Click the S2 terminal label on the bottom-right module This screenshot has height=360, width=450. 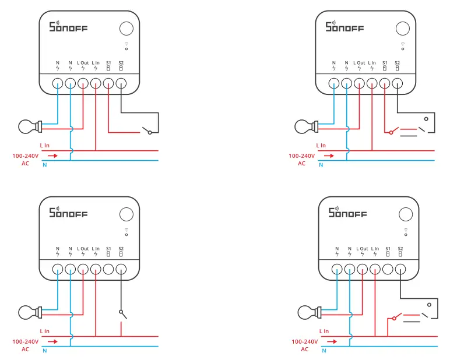(x=400, y=249)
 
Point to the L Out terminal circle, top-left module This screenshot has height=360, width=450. (x=83, y=83)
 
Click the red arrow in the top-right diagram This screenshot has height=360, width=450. (x=329, y=156)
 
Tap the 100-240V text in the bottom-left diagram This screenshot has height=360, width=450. (x=25, y=341)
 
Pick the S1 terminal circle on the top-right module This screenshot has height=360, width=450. (x=385, y=83)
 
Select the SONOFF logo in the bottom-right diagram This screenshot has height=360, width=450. (x=348, y=213)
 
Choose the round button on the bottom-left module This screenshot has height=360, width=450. (x=126, y=214)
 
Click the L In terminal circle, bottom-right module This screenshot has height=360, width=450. (x=375, y=269)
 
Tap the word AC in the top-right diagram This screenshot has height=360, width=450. (x=301, y=164)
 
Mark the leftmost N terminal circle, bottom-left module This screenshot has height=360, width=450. (x=58, y=269)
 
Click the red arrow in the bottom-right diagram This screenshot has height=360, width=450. (x=332, y=341)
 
